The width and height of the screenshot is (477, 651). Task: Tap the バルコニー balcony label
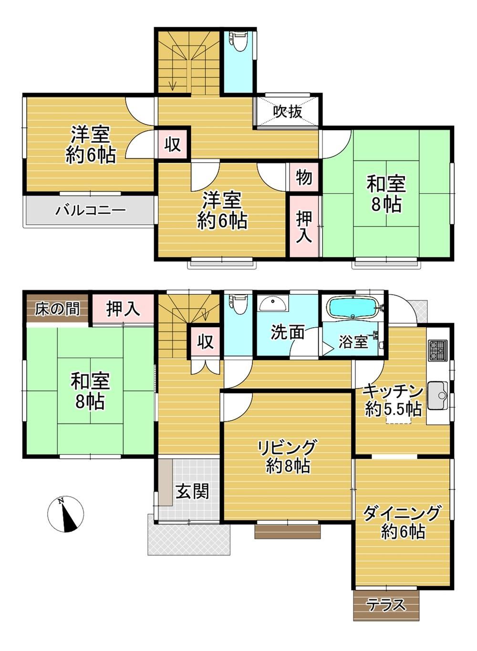coord(91,210)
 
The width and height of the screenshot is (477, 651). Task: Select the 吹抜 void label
coord(288,111)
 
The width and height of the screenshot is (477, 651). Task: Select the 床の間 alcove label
coord(57,309)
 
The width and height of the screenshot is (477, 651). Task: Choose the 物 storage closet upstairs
coord(304,176)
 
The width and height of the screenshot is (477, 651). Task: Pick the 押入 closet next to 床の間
coord(123,309)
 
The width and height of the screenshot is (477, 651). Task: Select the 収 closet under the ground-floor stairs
coord(206,341)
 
